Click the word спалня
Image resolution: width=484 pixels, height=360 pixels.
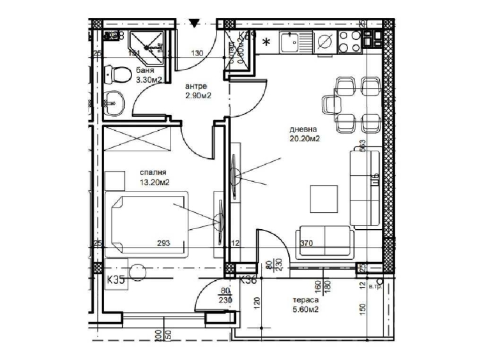click(153, 172)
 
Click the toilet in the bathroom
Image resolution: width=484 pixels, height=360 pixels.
click(115, 74)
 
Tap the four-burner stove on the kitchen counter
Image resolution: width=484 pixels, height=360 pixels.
click(351, 42)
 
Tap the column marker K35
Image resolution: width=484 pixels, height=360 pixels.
click(116, 278)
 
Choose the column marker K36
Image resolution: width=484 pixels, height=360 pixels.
click(248, 278)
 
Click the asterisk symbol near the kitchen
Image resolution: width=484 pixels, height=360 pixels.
click(266, 43)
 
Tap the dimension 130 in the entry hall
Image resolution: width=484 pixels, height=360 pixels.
click(197, 54)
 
